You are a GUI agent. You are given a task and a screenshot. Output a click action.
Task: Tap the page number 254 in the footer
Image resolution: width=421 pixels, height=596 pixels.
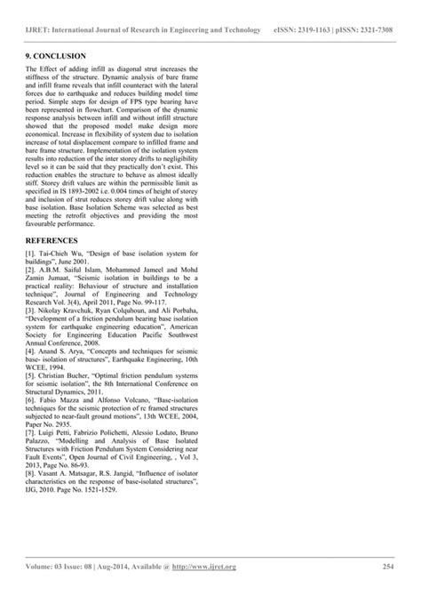pos(387,566)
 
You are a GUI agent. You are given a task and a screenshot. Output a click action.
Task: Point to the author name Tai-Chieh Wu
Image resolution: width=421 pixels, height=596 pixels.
pos(62,255)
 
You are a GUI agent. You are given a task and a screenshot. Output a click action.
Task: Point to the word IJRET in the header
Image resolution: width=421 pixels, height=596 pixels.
pos(39,32)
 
